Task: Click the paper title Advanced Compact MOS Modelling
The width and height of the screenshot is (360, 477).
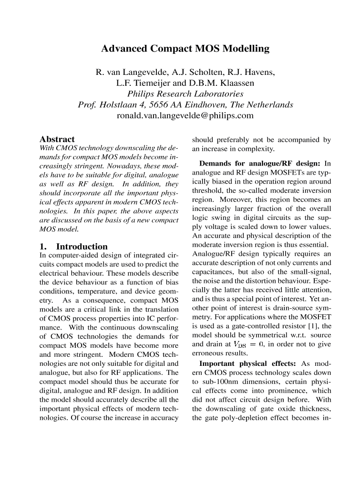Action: click(x=185, y=49)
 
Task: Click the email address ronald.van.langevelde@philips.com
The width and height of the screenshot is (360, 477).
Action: click(x=185, y=115)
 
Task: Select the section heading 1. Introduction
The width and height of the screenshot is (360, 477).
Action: click(x=73, y=247)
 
